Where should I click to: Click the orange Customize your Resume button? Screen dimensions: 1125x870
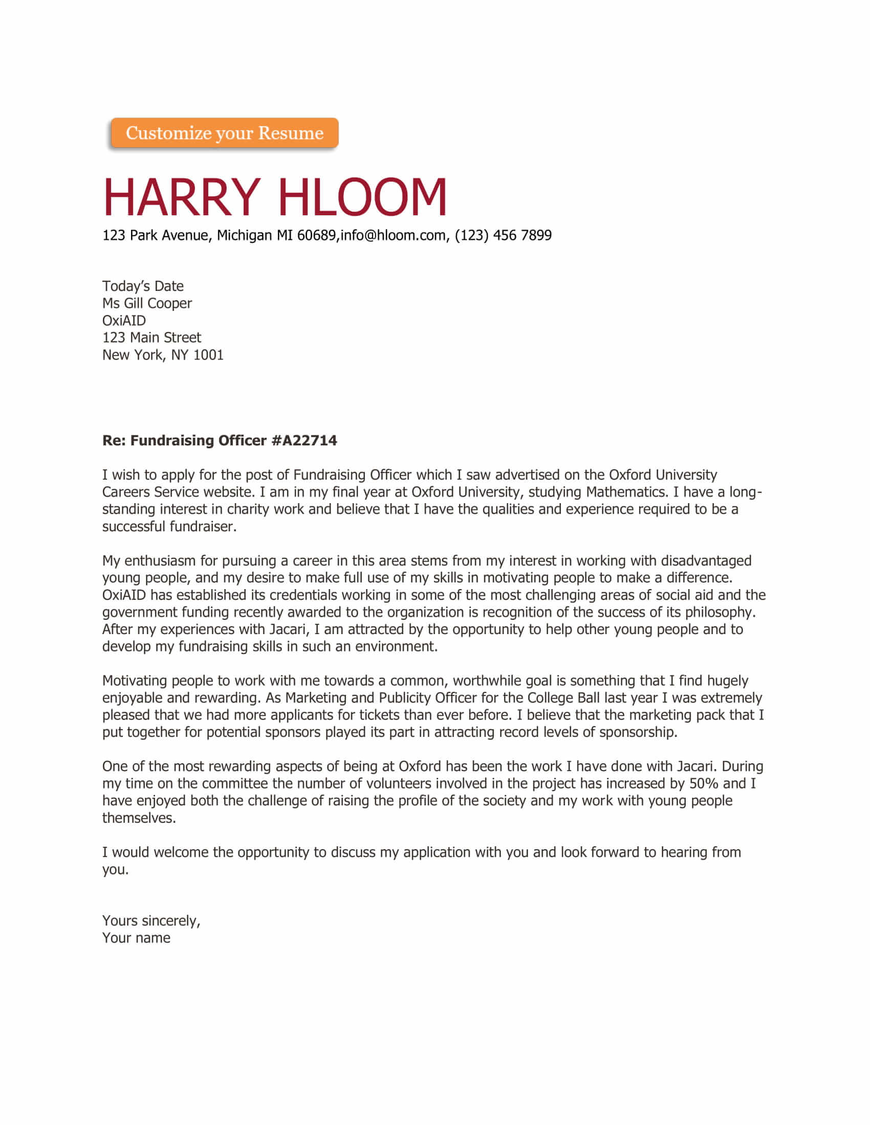pyautogui.click(x=224, y=133)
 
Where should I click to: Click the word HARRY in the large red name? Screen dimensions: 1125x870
pyautogui.click(x=182, y=197)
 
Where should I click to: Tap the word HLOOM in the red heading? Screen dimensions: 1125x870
pyautogui.click(x=362, y=197)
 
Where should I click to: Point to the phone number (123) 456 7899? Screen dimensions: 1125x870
pyautogui.click(x=503, y=235)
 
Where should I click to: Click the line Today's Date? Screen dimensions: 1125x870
pyautogui.click(x=143, y=286)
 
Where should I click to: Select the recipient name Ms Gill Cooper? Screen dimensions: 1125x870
pyautogui.click(x=147, y=303)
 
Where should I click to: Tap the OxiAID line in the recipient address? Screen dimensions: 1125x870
pyautogui.click(x=124, y=321)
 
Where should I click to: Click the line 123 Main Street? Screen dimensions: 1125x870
pyautogui.click(x=151, y=337)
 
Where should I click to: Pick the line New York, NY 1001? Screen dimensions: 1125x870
pyautogui.click(x=162, y=355)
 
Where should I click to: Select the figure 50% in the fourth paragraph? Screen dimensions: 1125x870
pyautogui.click(x=704, y=783)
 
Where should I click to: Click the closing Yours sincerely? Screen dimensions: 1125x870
pyautogui.click(x=151, y=920)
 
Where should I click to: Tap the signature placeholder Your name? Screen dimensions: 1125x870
pyautogui.click(x=136, y=937)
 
